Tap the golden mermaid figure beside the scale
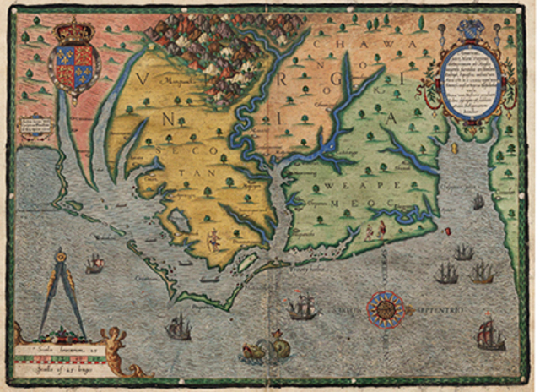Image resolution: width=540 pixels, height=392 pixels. [x=119, y=346]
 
